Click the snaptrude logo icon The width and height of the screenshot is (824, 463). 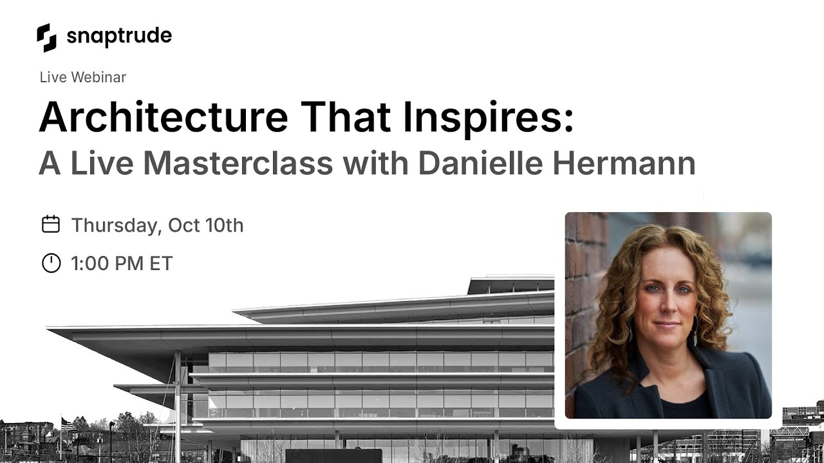point(46,37)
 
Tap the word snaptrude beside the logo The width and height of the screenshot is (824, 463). point(119,36)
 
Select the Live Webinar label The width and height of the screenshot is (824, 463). point(82,77)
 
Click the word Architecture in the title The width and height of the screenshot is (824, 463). point(164,117)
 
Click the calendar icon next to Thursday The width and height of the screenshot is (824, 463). point(50,224)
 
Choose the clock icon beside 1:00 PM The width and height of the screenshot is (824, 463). point(50,263)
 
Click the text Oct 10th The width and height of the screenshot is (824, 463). point(206,225)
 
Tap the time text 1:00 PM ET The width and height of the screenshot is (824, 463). point(122,264)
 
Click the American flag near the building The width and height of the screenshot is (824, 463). point(67,424)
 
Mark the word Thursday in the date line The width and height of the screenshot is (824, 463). point(116,225)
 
